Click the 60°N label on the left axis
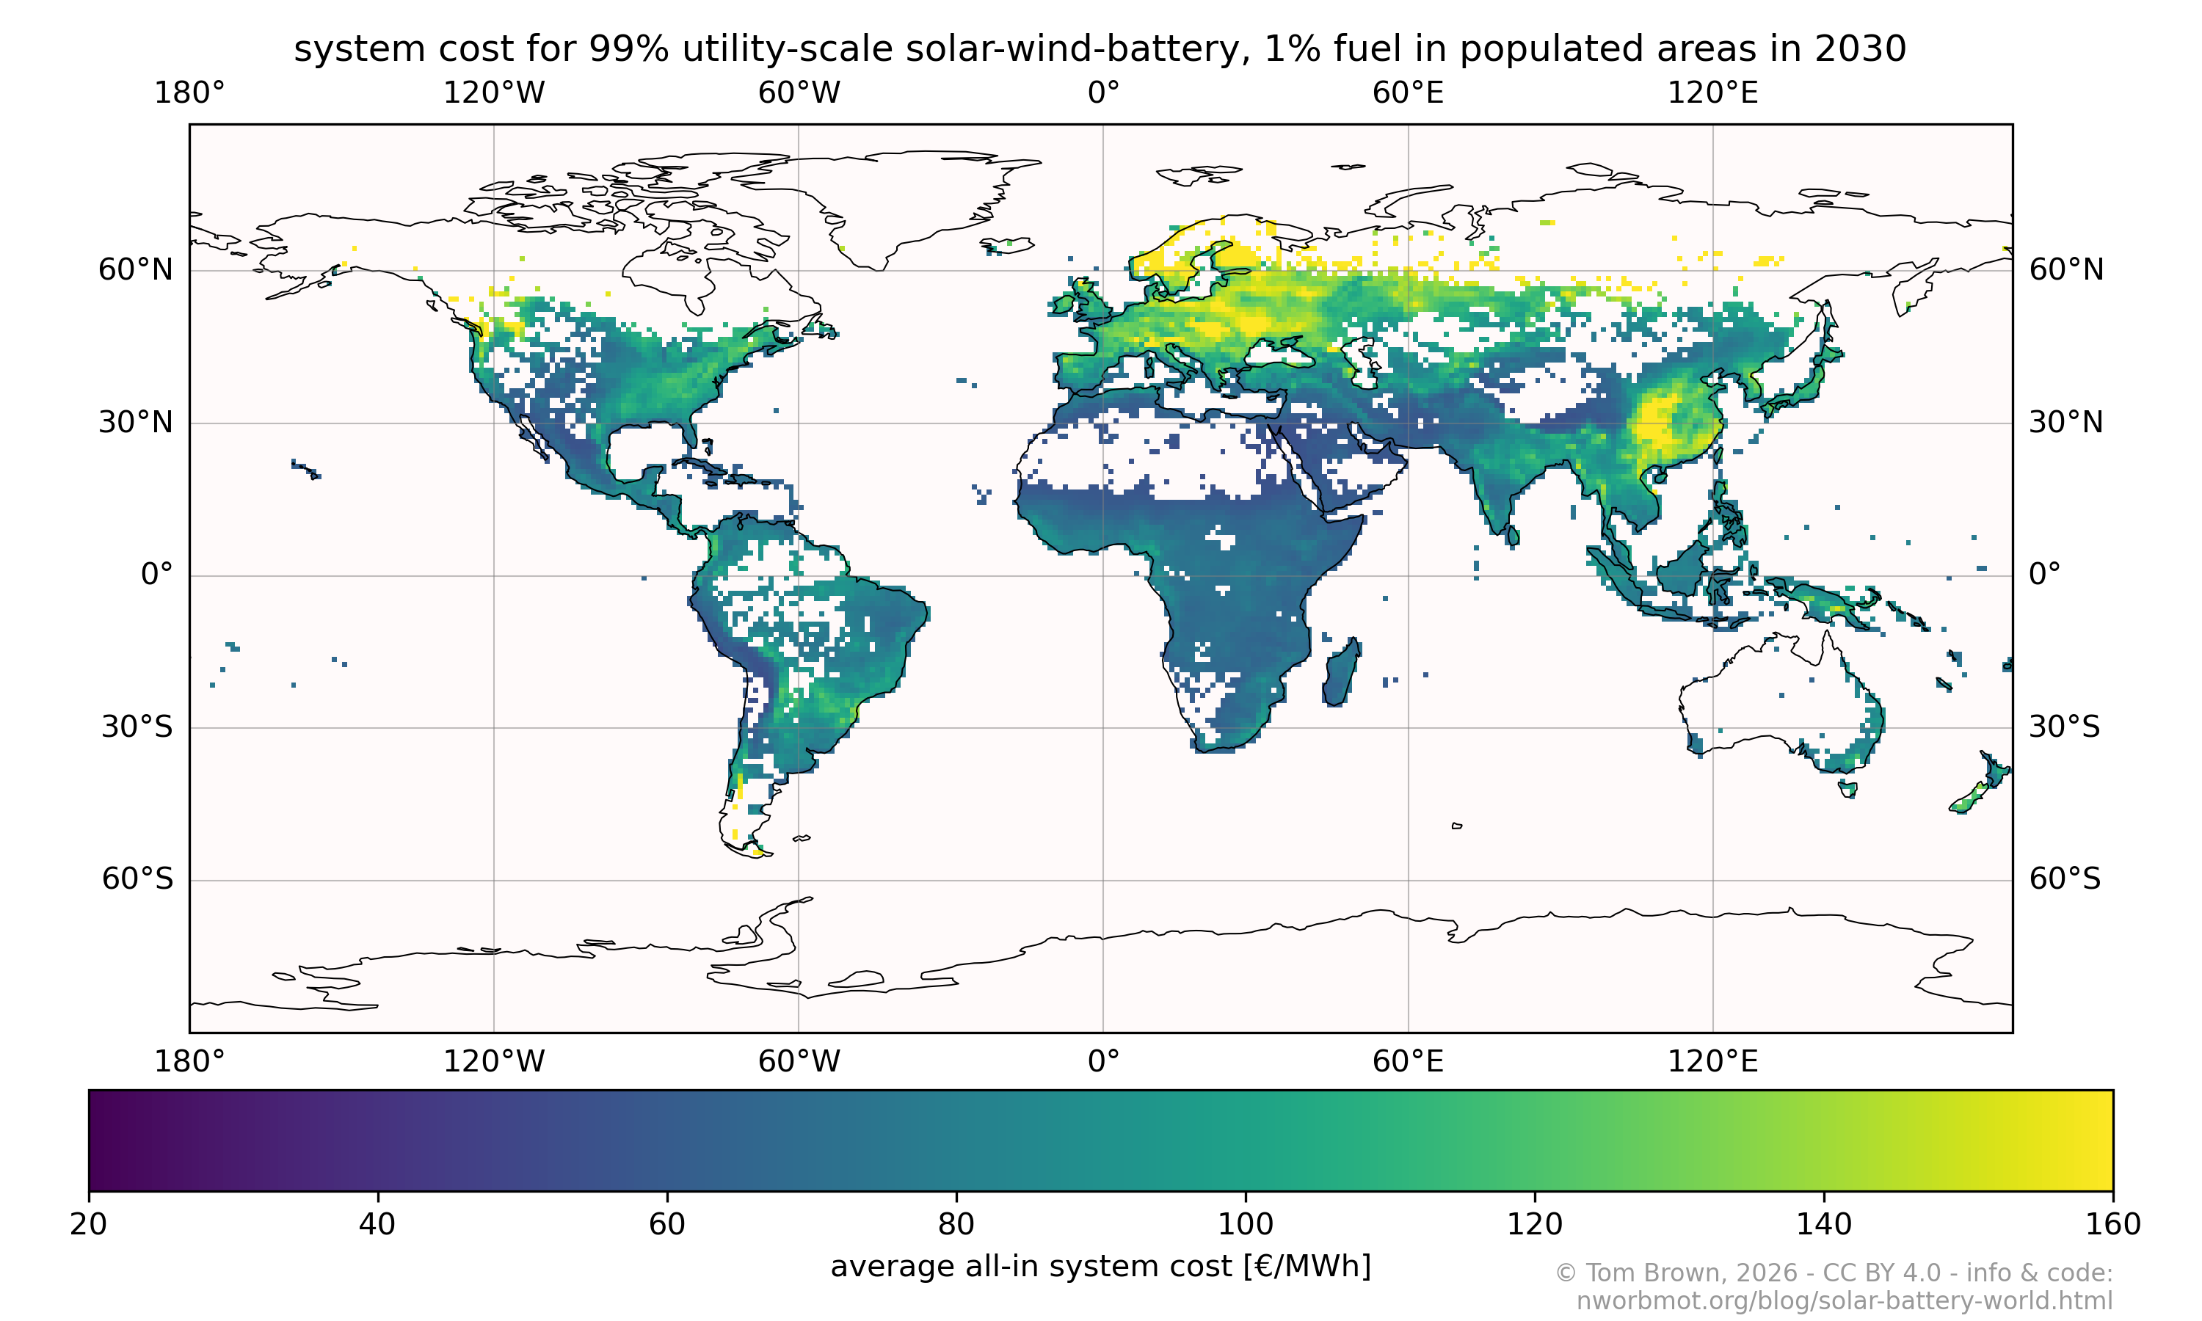pyautogui.click(x=135, y=270)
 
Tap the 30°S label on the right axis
pyautogui.click(x=2064, y=727)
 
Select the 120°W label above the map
pyautogui.click(x=493, y=92)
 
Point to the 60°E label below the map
pyautogui.click(x=1407, y=1061)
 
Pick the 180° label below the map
pyautogui.click(x=189, y=1061)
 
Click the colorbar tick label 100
pyautogui.click(x=1244, y=1224)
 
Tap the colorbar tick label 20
pyautogui.click(x=88, y=1224)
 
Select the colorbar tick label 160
pyautogui.click(x=2112, y=1224)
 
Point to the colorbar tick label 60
pyautogui.click(x=666, y=1224)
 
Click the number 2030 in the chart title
pyautogui.click(x=1859, y=49)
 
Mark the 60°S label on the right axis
pyautogui.click(x=2064, y=879)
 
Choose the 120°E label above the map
pyautogui.click(x=1712, y=92)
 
